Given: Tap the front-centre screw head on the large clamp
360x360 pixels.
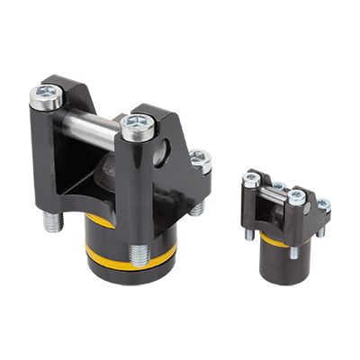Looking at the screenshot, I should [137, 125].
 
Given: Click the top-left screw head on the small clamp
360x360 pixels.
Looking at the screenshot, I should [251, 179].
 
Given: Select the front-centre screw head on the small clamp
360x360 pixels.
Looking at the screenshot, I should [296, 195].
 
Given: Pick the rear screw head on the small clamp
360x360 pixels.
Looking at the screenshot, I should [278, 186].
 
